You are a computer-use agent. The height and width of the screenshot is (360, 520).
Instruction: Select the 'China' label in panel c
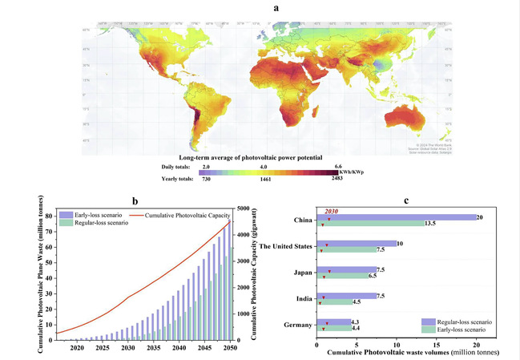[302, 217]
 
